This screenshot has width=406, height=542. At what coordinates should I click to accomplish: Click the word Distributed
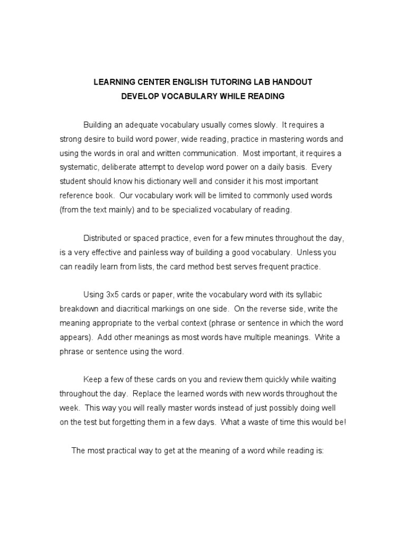103,239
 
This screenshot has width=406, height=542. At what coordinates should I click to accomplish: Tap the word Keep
92,380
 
